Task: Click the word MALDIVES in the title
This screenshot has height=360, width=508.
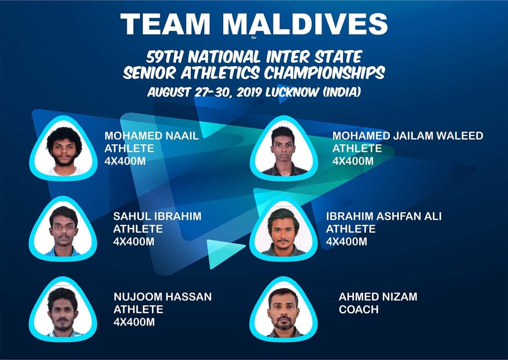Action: [x=305, y=24]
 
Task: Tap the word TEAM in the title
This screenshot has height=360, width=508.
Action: [x=165, y=24]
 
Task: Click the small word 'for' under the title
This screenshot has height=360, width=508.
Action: [x=254, y=37]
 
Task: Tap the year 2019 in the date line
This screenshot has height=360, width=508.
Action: [x=249, y=92]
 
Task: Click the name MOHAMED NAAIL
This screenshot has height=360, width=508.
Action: [x=151, y=136]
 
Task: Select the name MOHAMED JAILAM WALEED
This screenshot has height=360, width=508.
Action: [x=408, y=136]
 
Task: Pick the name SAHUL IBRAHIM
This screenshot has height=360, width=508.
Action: [x=157, y=216]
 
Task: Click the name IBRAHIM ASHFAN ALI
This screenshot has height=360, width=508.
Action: [x=384, y=216]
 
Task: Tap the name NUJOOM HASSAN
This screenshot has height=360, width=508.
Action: [x=163, y=297]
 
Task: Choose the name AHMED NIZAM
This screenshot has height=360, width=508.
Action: [x=378, y=297]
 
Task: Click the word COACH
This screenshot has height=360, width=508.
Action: [x=359, y=309]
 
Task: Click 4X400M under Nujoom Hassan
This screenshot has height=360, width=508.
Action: [x=134, y=322]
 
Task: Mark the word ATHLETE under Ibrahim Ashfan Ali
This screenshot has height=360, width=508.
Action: [x=351, y=229]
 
